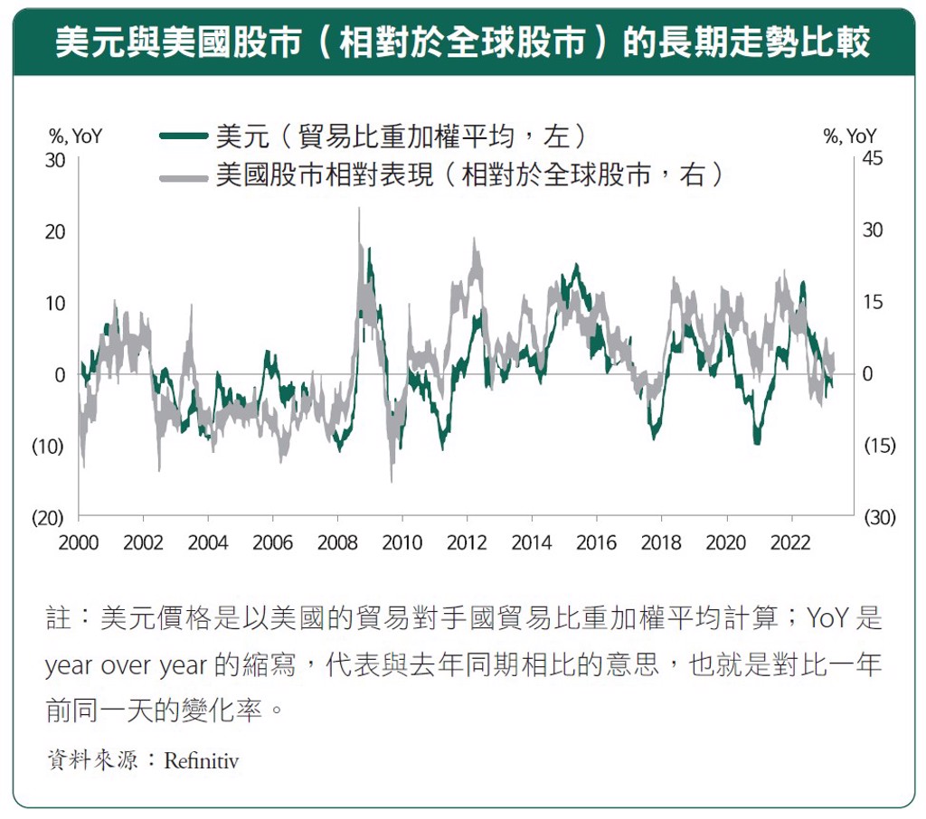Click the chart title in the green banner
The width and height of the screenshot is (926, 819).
462,42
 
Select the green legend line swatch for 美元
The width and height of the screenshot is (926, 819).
185,136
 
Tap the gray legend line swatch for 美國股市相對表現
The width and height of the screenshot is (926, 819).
185,175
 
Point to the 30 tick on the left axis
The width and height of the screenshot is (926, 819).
56,159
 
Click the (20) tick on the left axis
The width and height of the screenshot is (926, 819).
51,518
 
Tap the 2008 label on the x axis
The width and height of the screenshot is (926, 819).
337,542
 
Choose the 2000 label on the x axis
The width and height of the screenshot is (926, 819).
79,542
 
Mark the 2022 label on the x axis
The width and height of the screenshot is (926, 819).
791,542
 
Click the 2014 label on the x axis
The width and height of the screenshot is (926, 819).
532,542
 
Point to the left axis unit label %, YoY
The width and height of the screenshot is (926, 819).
75,136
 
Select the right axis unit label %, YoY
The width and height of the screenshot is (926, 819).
850,136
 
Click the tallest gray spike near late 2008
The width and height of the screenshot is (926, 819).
359,210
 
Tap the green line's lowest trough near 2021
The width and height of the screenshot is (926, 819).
757,442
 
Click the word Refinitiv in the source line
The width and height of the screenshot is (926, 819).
201,760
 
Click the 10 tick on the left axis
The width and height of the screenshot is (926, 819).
56,303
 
